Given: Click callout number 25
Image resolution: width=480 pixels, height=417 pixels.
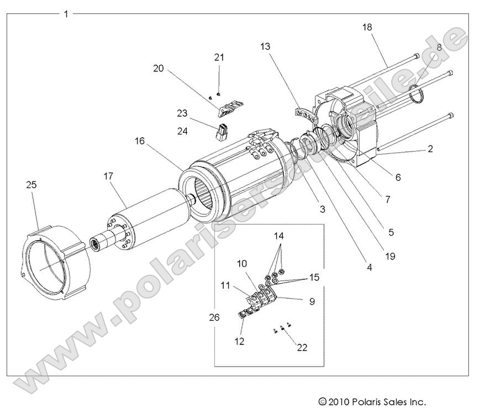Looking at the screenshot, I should (31, 185).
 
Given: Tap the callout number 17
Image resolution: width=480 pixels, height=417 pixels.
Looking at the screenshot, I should (108, 176).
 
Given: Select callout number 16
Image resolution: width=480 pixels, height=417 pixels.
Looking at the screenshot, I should (139, 141).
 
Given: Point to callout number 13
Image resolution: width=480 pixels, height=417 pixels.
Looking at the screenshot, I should (265, 47).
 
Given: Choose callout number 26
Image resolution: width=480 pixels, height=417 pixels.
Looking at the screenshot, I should (214, 317).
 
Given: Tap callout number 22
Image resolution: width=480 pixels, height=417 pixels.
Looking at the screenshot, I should (302, 347).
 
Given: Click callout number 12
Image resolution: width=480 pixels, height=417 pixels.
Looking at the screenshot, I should (239, 341).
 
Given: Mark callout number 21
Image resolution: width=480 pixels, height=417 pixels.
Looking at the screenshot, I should (219, 58).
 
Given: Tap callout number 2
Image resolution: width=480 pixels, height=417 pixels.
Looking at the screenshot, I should (430, 149).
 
